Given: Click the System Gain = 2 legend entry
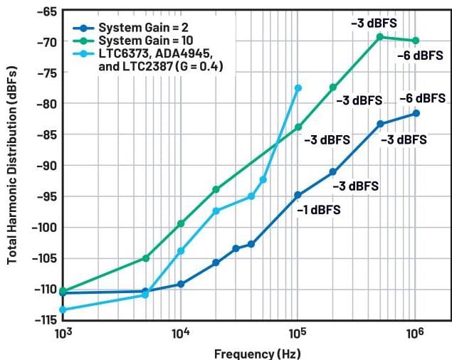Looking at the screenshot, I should (125, 28).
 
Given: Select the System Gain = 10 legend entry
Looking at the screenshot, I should (127, 40).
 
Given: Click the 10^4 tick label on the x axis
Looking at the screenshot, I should (180, 334).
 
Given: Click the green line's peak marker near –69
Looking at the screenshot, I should (380, 36).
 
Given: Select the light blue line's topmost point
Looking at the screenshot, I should (298, 88).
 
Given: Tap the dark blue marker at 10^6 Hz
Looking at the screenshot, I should (416, 113).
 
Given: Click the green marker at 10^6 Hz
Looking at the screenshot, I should (416, 41).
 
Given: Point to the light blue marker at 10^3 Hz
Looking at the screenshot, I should (63, 309).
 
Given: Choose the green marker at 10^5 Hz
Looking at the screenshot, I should (298, 127).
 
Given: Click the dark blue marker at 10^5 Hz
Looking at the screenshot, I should (298, 195).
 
